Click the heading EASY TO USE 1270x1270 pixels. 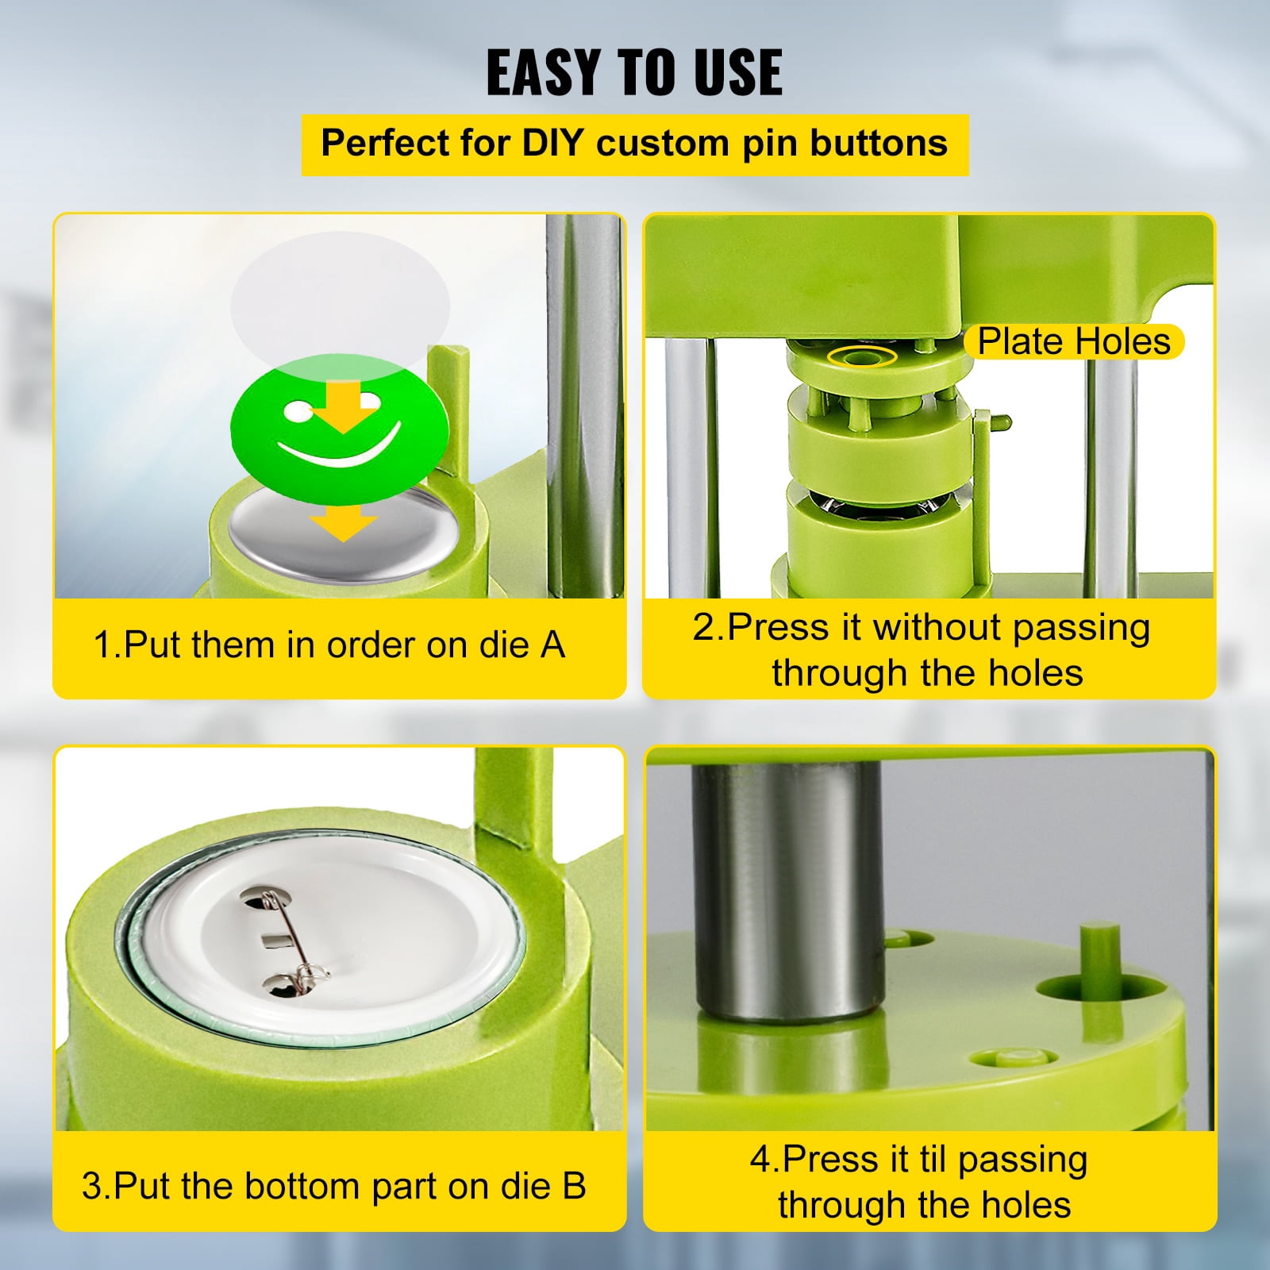(634, 72)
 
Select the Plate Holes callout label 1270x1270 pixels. (1074, 341)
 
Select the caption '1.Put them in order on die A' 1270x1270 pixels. (329, 645)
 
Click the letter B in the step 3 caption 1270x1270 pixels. (574, 1186)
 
